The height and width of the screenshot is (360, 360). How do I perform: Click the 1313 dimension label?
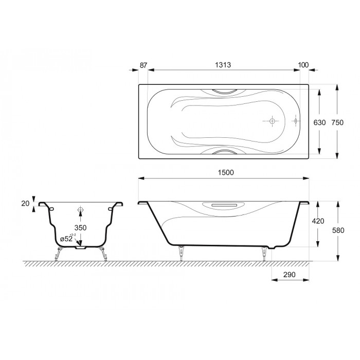pyautogui.click(x=223, y=65)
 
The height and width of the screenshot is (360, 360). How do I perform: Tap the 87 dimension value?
pyautogui.click(x=143, y=65)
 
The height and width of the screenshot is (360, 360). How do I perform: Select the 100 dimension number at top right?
pyautogui.click(x=303, y=65)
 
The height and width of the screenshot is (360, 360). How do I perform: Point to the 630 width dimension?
pyautogui.click(x=319, y=122)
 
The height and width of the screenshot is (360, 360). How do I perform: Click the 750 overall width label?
pyautogui.click(x=337, y=122)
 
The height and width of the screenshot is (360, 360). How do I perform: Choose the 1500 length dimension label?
pyautogui.click(x=226, y=172)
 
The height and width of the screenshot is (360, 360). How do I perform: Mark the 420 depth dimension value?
pyautogui.click(x=318, y=221)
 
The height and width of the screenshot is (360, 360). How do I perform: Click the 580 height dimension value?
pyautogui.click(x=338, y=230)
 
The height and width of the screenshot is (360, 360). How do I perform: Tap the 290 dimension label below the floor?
pyautogui.click(x=289, y=275)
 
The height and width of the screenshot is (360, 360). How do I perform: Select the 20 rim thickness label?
pyautogui.click(x=26, y=203)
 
